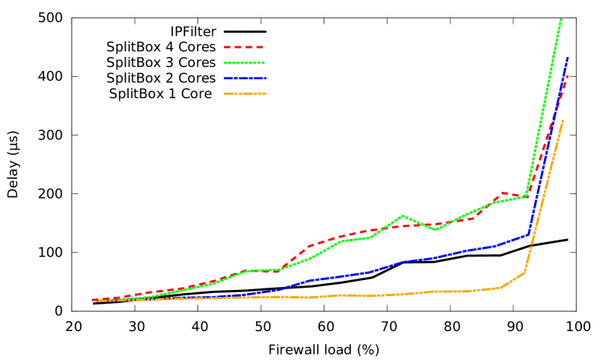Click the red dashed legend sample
[x=244, y=47]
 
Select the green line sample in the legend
[x=244, y=62]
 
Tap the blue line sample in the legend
[x=244, y=78]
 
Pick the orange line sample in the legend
[x=244, y=94]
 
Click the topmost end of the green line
[x=561, y=18]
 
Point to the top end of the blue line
[x=567, y=58]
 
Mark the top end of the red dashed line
[x=567, y=75]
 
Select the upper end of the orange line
[x=563, y=120]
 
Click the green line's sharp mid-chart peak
[x=403, y=216]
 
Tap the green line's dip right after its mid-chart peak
[x=435, y=229]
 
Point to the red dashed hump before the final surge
[x=503, y=193]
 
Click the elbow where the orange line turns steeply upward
[x=524, y=272]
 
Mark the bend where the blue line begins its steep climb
[x=529, y=234]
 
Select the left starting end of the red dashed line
[x=93, y=300]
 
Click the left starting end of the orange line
[x=99, y=301]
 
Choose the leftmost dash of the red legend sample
[x=227, y=47]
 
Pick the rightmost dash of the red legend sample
[x=259, y=47]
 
